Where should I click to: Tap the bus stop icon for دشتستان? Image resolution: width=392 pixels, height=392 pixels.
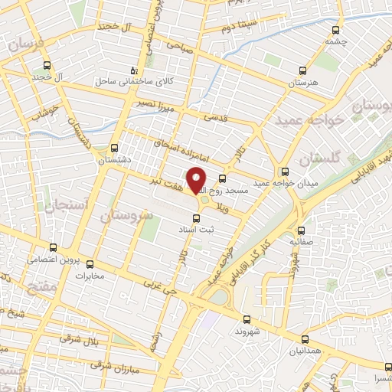[114, 149]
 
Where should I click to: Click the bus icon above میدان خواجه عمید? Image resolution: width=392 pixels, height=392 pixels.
[286, 171]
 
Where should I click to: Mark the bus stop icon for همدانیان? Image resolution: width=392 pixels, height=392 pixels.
[305, 338]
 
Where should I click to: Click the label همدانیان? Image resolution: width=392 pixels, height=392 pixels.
[305, 351]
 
